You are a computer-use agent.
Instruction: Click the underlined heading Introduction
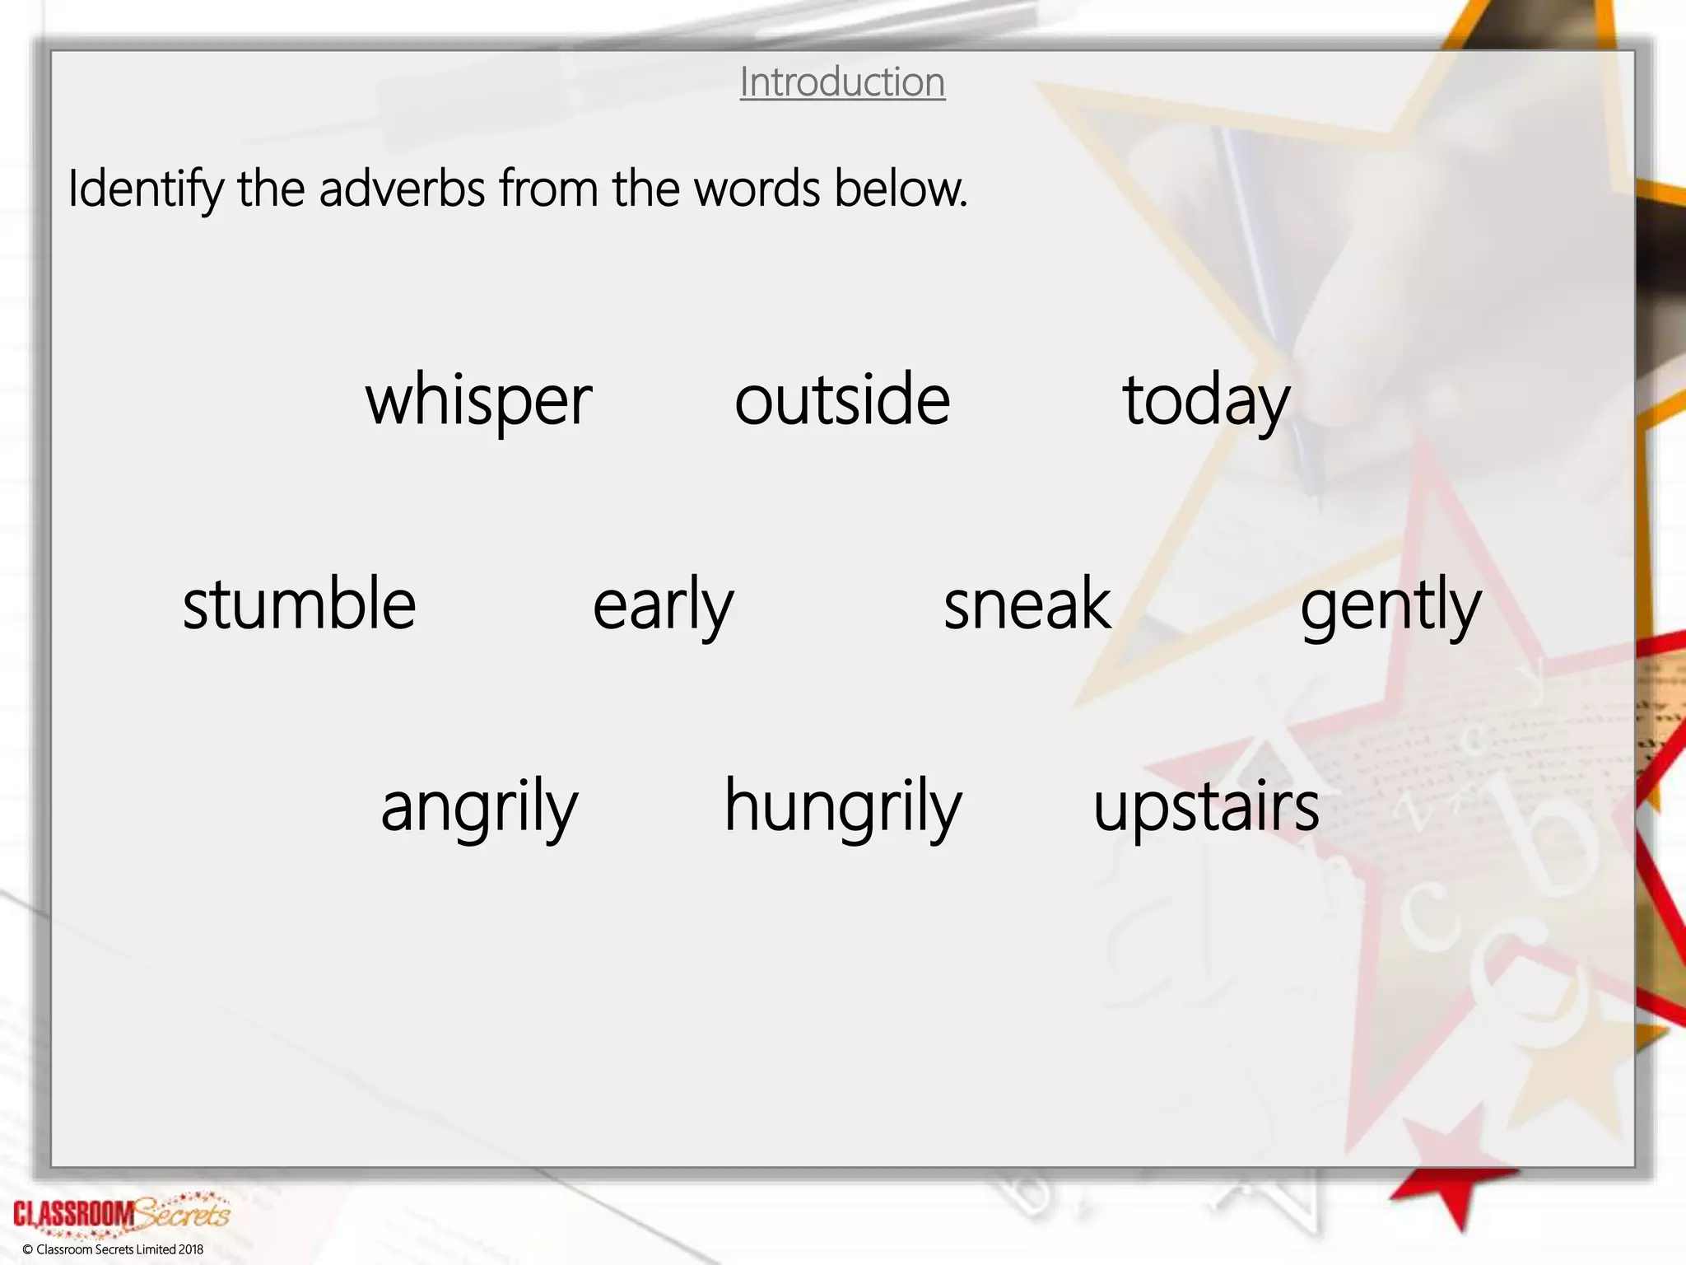[842, 82]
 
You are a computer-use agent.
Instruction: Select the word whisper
[478, 400]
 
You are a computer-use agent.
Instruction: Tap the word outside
[842, 400]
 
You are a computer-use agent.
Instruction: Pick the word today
[1206, 402]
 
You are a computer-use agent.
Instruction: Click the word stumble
[299, 604]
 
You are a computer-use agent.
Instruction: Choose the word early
[663, 605]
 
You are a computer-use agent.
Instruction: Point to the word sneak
[1027, 604]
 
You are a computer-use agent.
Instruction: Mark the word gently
[1390, 605]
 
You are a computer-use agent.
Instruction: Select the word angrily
[479, 808]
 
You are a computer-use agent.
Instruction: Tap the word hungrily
[842, 808]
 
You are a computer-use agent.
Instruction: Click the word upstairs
[1206, 808]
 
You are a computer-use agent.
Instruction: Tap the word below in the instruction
[901, 189]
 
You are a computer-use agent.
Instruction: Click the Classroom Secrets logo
[122, 1213]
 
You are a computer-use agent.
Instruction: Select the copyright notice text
[113, 1249]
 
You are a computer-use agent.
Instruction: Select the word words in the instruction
[757, 189]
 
